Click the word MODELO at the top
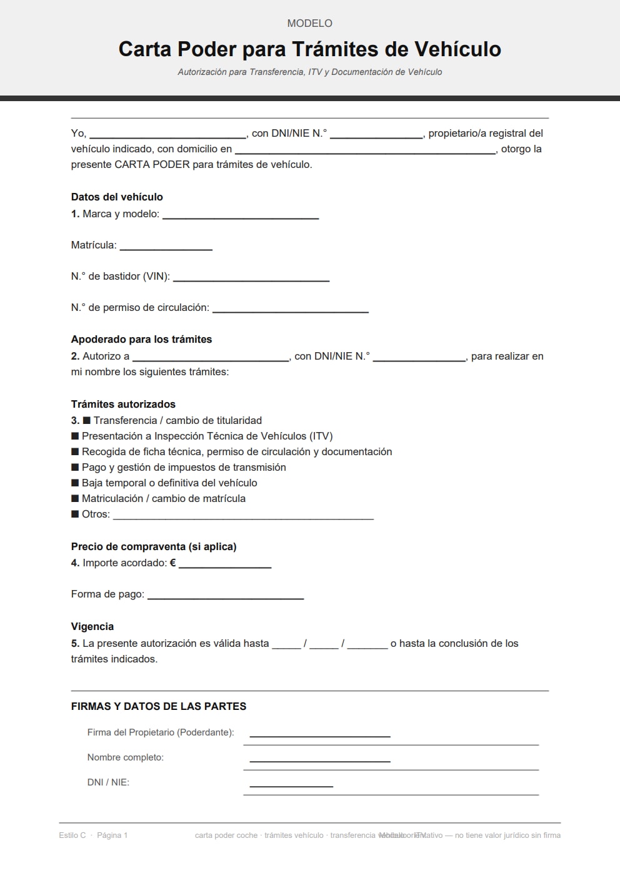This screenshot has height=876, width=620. pyautogui.click(x=309, y=23)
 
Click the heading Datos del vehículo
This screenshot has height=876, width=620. pyautogui.click(x=117, y=197)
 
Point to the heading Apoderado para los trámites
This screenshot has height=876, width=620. pyautogui.click(x=141, y=339)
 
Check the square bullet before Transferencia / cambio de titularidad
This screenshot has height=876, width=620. pyautogui.click(x=87, y=420)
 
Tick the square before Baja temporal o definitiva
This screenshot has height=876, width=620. pyautogui.click(x=75, y=483)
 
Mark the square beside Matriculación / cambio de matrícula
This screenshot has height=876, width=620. pyautogui.click(x=75, y=498)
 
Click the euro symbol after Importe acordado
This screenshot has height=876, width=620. pyautogui.click(x=173, y=563)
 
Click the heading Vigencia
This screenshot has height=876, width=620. pyautogui.click(x=92, y=626)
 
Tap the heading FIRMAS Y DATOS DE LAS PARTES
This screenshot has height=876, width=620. pyautogui.click(x=159, y=706)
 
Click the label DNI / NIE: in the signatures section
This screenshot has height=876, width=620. pyautogui.click(x=108, y=782)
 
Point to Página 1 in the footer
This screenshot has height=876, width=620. pyautogui.click(x=112, y=835)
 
